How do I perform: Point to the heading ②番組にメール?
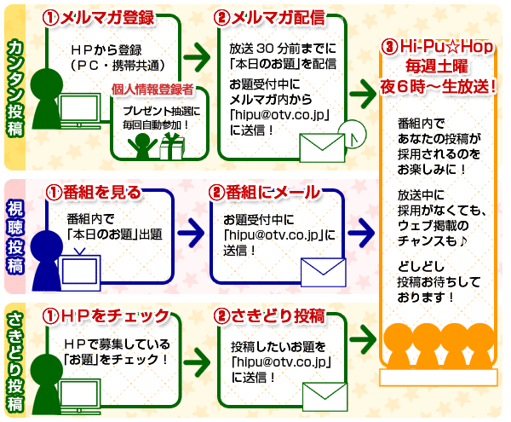[267, 192]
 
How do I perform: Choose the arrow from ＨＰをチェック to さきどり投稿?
[197, 356]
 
